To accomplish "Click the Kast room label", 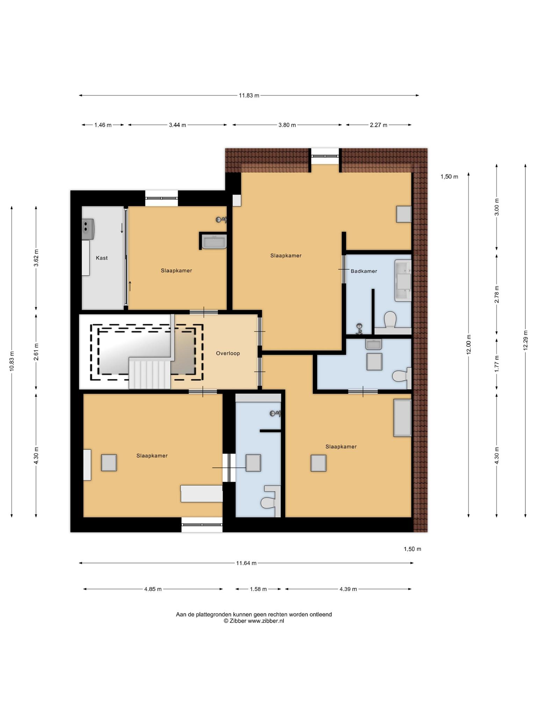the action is pyautogui.click(x=102, y=258).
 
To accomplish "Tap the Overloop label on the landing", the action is pyautogui.click(x=228, y=353).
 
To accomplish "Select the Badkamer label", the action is pyautogui.click(x=364, y=271).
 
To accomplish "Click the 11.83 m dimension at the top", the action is pyautogui.click(x=249, y=95).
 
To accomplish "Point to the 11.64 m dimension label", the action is pyautogui.click(x=246, y=563).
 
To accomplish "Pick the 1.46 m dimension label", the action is pyautogui.click(x=103, y=125).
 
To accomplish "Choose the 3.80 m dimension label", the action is pyautogui.click(x=287, y=125).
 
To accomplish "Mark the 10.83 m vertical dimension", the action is pyautogui.click(x=12, y=361).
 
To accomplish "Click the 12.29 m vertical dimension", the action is pyautogui.click(x=525, y=340).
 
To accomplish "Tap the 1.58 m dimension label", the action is pyautogui.click(x=258, y=589).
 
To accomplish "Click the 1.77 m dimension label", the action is pyautogui.click(x=497, y=364).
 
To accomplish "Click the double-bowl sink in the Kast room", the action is pyautogui.click(x=87, y=229).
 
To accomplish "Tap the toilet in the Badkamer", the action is pyautogui.click(x=390, y=320).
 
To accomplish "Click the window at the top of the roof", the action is pyautogui.click(x=325, y=156).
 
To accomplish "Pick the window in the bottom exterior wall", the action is pyautogui.click(x=202, y=524).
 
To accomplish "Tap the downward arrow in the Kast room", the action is pyautogui.click(x=122, y=228).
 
